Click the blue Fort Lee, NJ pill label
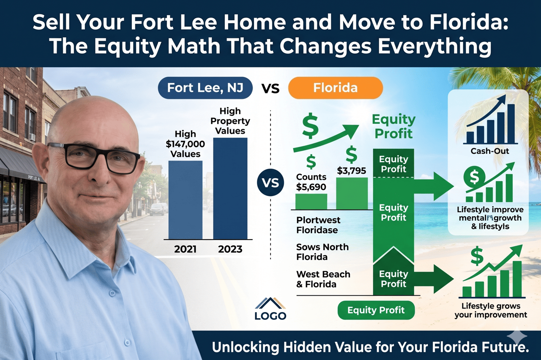point(205,89)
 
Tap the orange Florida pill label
point(335,89)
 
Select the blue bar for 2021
point(185,199)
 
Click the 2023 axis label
point(230,249)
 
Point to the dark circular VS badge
point(270,184)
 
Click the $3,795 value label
point(351,171)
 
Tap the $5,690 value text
point(311,186)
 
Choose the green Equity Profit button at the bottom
point(376,311)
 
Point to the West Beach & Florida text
point(323,279)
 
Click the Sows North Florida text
point(323,252)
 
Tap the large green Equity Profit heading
point(393,127)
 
